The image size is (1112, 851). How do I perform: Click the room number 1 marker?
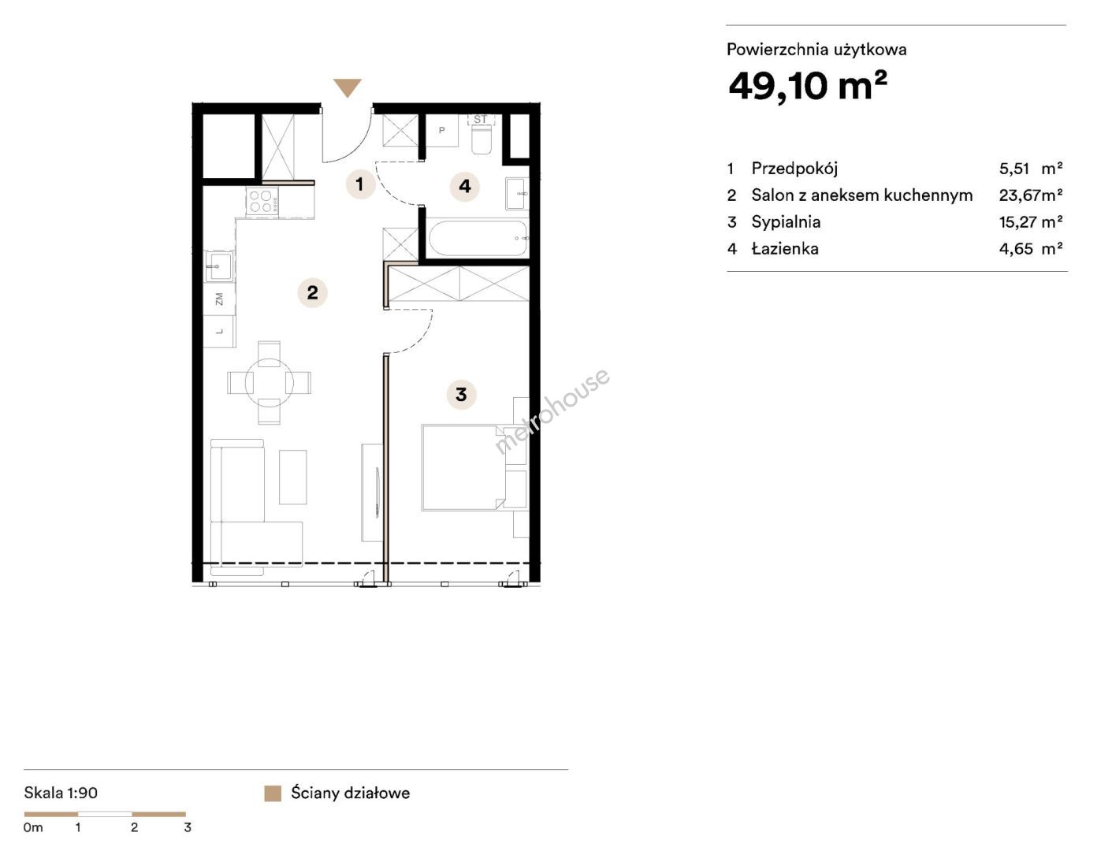pos(360,184)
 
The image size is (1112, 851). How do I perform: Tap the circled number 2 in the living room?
pos(312,293)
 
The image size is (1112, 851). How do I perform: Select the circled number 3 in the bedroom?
pos(461,394)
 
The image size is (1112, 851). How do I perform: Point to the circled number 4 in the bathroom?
pos(464,187)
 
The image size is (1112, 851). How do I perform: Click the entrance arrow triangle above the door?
pos(348,87)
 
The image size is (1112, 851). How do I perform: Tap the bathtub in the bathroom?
pos(478,238)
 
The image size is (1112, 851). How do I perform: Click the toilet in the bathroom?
pos(481,135)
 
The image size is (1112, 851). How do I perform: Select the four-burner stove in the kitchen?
pos(262,201)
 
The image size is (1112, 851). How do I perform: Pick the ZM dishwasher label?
pos(219,299)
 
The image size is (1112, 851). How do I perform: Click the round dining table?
pos(270,383)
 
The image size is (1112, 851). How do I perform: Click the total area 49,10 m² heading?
pos(808,86)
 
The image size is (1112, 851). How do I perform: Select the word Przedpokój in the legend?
pos(794,169)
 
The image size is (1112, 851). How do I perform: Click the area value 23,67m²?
pos(1031,195)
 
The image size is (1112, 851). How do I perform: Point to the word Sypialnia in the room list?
pos(786,222)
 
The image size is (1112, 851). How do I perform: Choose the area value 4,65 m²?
pos(1031,249)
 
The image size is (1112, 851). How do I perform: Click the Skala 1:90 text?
pos(61,793)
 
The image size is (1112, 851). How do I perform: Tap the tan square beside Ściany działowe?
pos(273,793)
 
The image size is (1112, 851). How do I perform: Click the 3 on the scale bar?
pos(188,827)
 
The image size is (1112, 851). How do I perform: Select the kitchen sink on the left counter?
pos(219,266)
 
